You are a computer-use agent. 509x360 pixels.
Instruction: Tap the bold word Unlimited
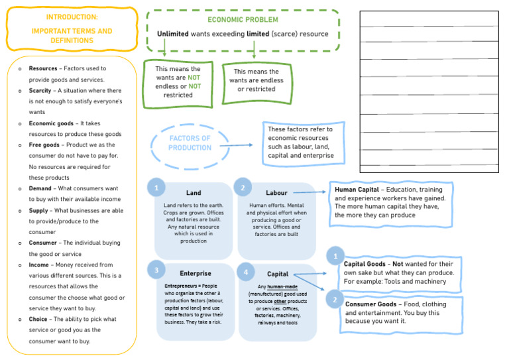coord(172,34)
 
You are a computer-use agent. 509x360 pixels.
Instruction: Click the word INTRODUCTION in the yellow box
coord(72,17)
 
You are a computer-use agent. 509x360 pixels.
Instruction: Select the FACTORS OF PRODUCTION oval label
coord(190,143)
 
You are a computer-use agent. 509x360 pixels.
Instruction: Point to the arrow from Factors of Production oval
coord(236,145)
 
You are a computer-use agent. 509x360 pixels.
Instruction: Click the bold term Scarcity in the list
coord(41,90)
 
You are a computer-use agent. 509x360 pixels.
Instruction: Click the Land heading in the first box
coord(194,193)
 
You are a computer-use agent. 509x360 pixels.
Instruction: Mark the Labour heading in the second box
coord(276,193)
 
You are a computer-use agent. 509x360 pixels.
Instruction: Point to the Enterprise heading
coord(196,273)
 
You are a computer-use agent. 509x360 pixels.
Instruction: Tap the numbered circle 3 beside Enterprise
coord(156,270)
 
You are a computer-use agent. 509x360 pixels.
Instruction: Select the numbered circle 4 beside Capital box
coord(245,272)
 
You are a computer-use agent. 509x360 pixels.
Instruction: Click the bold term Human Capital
coord(357,190)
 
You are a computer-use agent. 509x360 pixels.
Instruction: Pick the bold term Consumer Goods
coord(370,304)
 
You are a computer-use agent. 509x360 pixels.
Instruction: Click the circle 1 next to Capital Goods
coord(335,256)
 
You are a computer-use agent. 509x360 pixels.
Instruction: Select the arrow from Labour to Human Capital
coord(311,192)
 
